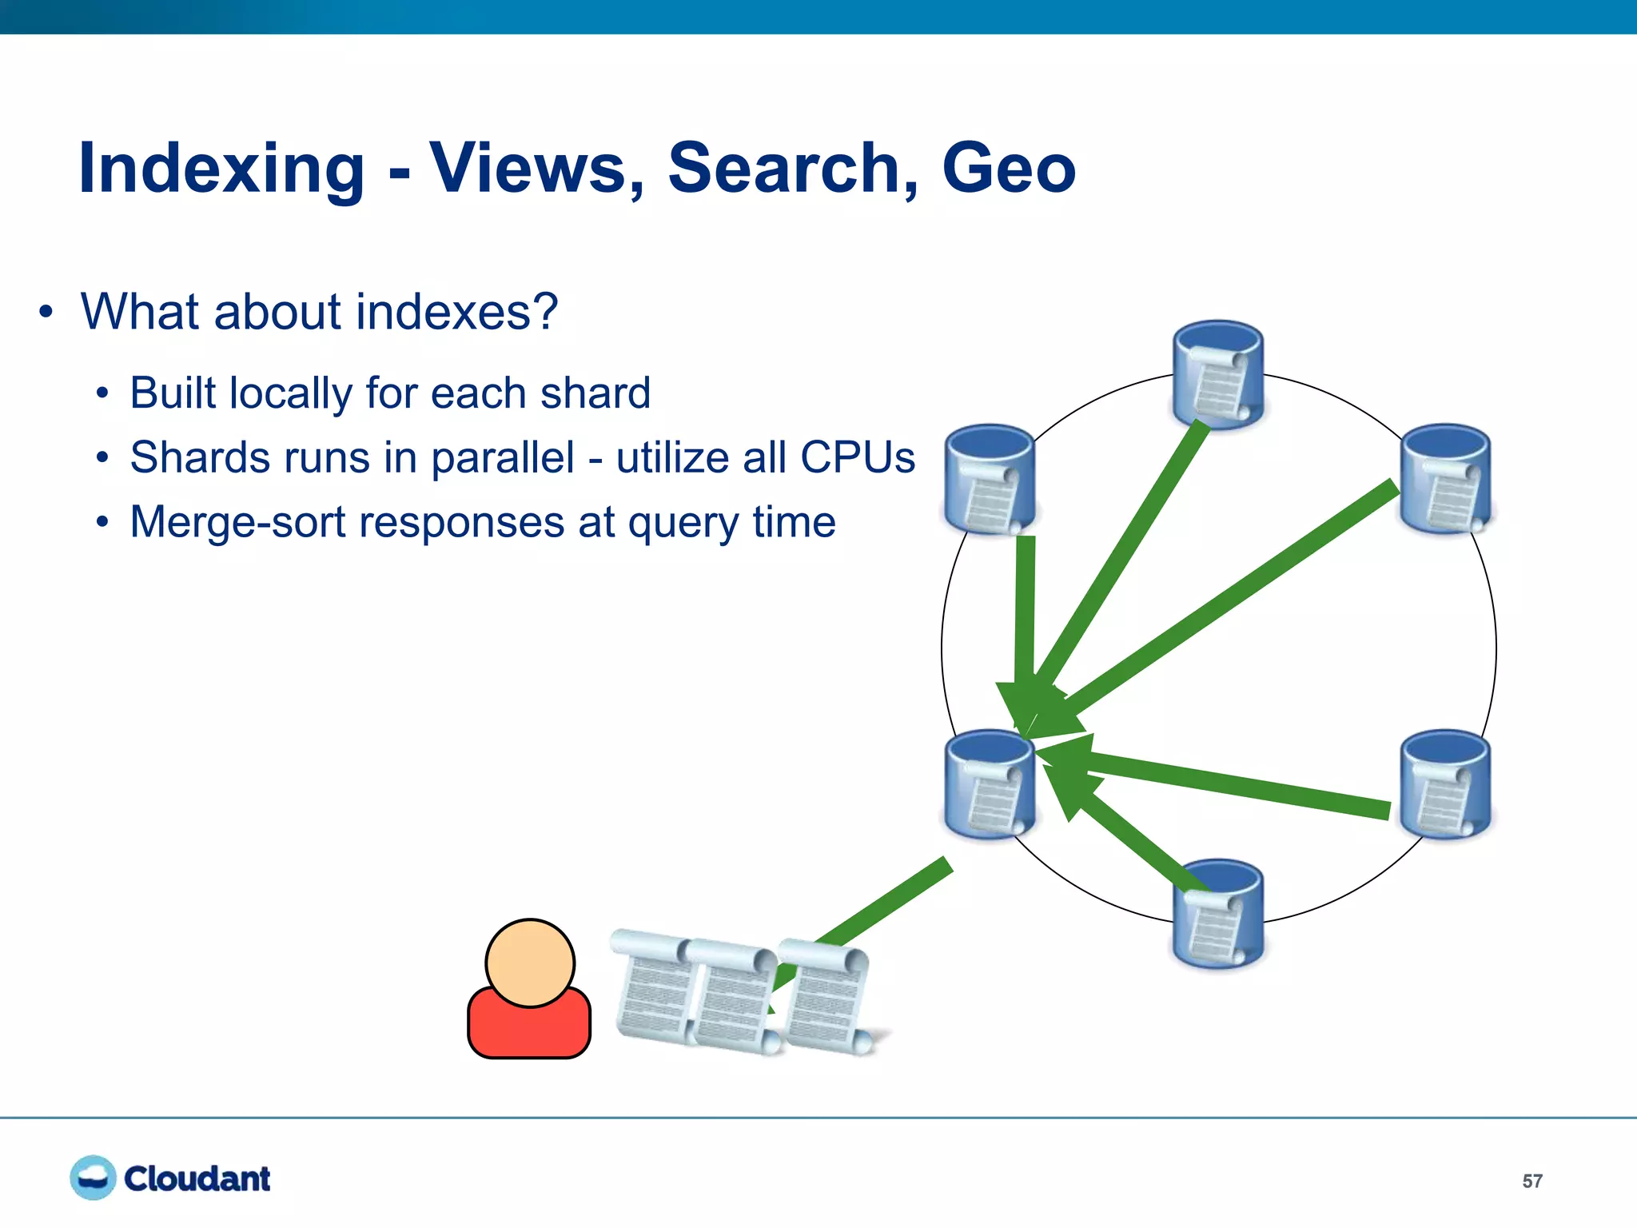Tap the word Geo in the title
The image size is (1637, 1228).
pos(1008,169)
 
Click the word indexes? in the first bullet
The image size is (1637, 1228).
pos(456,312)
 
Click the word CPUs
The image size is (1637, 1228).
pos(857,458)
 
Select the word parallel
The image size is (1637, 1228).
pos(503,458)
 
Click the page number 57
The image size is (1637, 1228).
pos(1531,1181)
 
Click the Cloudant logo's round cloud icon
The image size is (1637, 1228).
pos(93,1178)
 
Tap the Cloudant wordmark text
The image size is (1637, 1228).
pos(197,1179)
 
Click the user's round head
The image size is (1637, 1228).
pos(530,963)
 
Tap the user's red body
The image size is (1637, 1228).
pos(529,1031)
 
